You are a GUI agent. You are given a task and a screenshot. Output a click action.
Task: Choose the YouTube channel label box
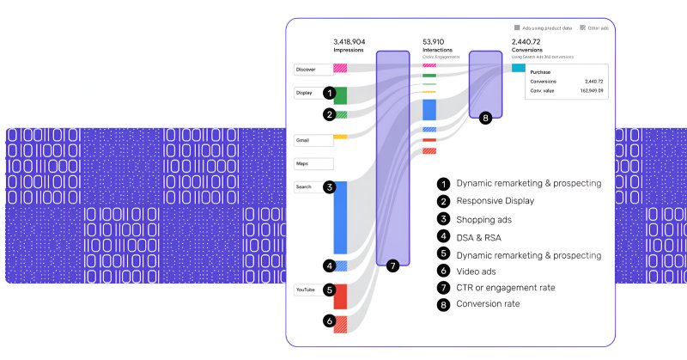[306, 290]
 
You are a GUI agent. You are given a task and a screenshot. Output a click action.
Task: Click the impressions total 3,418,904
[349, 41]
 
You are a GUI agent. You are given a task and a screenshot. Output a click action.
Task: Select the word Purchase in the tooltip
[541, 72]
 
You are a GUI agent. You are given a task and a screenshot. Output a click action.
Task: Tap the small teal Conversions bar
[518, 67]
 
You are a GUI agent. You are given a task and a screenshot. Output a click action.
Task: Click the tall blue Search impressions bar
[340, 217]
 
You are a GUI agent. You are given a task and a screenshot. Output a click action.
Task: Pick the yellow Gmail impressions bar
[339, 137]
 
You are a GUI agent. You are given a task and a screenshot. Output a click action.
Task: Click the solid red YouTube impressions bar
[340, 296]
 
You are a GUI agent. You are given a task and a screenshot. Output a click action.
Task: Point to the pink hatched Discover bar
[340, 67]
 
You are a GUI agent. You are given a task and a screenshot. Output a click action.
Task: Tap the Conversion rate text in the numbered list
[489, 303]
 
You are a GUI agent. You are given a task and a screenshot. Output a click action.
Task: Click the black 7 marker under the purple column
[392, 266]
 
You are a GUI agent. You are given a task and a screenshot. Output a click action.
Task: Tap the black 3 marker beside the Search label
[329, 186]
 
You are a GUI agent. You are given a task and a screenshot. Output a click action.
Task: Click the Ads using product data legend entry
[544, 27]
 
